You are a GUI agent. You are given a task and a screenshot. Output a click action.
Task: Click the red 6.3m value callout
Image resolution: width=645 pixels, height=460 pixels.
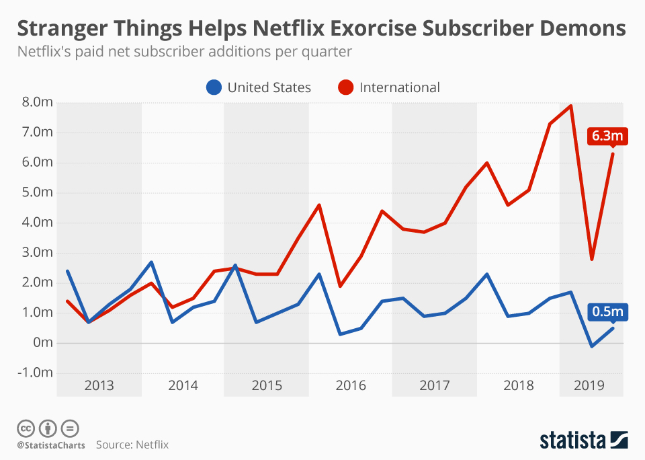point(607,137)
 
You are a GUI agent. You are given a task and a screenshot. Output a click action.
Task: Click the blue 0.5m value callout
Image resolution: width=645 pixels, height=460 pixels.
point(607,312)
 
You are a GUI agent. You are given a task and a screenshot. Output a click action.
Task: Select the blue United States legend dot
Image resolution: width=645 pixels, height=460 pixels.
point(214,87)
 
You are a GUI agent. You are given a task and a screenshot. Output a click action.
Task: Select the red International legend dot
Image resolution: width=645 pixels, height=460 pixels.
point(346,87)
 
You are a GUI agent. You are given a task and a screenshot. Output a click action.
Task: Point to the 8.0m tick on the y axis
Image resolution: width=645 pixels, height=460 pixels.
point(36,102)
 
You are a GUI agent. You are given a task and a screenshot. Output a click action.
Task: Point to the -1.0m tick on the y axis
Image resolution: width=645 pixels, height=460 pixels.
point(35,373)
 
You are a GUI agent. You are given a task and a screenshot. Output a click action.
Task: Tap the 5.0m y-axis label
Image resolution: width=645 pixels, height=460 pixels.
point(36,192)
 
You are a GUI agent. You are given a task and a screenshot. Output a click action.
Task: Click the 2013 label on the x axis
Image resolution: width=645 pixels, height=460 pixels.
point(99,385)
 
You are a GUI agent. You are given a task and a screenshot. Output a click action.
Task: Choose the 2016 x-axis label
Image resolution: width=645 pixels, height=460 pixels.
point(351,385)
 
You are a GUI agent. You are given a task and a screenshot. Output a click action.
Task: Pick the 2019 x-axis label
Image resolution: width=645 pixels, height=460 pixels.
point(591,385)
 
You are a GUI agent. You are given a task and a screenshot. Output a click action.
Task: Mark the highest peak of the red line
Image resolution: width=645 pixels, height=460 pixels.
point(570,106)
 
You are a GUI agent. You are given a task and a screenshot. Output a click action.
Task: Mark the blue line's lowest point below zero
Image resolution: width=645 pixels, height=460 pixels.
point(591,346)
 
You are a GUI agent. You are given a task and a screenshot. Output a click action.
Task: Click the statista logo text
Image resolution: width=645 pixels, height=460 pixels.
point(572,440)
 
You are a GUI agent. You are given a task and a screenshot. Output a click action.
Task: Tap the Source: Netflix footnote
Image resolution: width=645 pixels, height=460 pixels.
point(132,445)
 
